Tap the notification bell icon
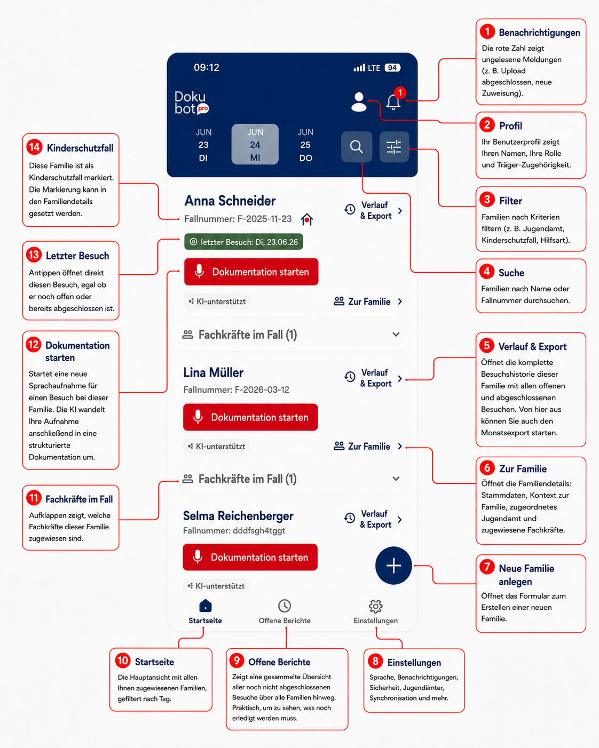(393, 102)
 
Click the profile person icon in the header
(359, 102)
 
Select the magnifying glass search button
(356, 147)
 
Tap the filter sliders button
(394, 147)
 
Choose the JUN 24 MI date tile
(255, 144)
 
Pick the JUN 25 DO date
(305, 145)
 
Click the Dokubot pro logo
(191, 103)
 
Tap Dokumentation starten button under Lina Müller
(250, 417)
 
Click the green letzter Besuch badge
(243, 242)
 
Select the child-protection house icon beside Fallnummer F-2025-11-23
(307, 219)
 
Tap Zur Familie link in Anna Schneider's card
(368, 301)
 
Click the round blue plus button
(393, 566)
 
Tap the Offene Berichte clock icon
(285, 606)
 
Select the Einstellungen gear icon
(376, 606)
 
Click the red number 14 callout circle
(35, 147)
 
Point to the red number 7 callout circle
(487, 567)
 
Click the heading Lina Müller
(213, 372)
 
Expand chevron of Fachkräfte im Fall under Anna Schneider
(396, 335)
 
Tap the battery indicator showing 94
(393, 68)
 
